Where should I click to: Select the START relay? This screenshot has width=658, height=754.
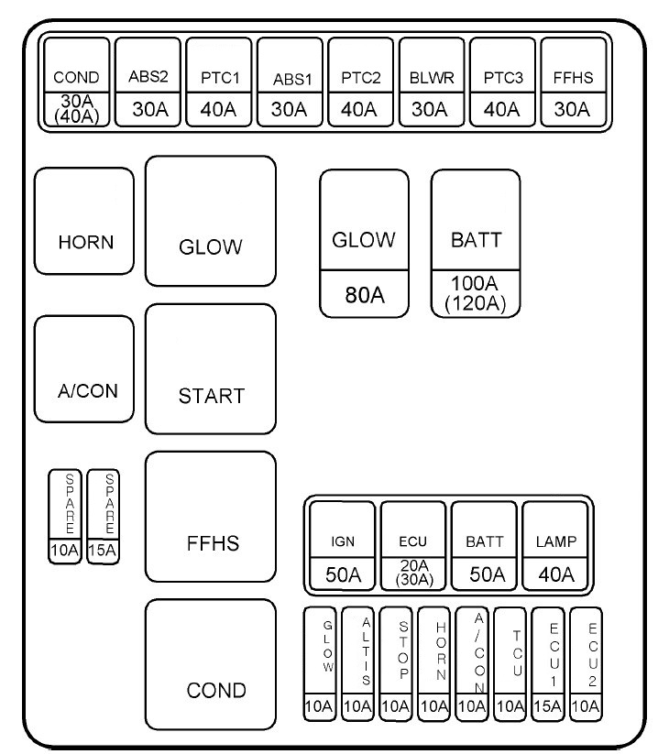point(210,369)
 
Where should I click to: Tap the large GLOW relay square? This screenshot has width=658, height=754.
point(210,222)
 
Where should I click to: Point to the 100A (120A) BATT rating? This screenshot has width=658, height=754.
point(476,293)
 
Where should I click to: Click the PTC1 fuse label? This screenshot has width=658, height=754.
point(220,77)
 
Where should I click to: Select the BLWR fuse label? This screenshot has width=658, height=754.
point(428,77)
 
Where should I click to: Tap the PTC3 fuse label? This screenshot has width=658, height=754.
point(502,77)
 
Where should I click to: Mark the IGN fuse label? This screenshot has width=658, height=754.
point(343,541)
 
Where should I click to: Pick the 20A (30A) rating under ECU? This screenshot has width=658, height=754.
point(414,574)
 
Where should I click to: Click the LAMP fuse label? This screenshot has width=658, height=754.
point(555,541)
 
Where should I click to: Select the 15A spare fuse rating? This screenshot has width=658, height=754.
point(104,551)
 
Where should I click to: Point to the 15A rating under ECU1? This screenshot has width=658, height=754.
point(549,706)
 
